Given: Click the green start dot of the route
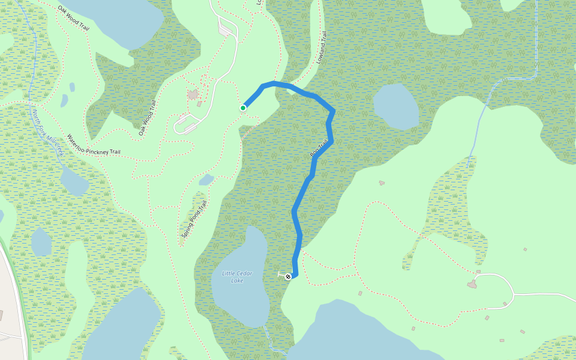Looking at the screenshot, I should (x=243, y=108).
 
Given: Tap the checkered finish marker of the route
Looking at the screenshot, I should (x=288, y=277).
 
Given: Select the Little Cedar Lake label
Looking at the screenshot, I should (x=237, y=277).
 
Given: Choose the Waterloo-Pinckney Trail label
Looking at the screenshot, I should (x=94, y=145).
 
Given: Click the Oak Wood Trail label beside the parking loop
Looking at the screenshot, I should (x=148, y=118).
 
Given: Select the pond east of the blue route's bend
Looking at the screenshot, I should (x=396, y=106).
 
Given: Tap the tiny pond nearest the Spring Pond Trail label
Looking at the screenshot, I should (x=206, y=179).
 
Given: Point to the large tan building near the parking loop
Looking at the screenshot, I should (x=193, y=94).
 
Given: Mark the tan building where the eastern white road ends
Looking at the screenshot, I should (x=472, y=284).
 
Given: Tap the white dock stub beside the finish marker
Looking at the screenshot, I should (x=281, y=275).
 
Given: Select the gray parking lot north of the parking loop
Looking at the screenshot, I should (x=227, y=28).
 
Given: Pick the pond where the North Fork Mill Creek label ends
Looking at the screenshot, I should (x=74, y=181).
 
